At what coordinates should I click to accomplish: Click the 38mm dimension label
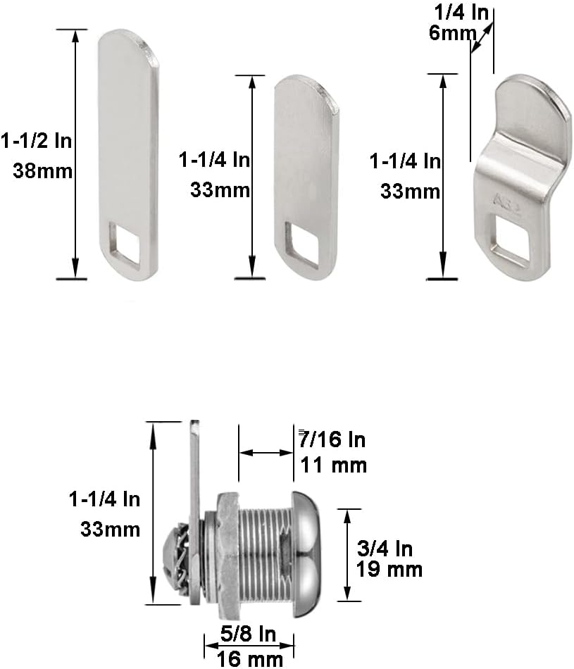[43, 170]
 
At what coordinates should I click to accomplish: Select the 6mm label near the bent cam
[449, 32]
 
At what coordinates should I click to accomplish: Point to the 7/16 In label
[332, 440]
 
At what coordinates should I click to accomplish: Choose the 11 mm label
[333, 465]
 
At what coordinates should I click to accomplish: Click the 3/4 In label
[385, 547]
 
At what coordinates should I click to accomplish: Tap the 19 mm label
[389, 569]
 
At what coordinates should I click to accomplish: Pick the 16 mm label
[250, 658]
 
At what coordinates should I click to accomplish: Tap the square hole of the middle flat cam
[304, 244]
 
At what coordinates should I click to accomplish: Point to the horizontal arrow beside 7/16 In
[266, 453]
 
